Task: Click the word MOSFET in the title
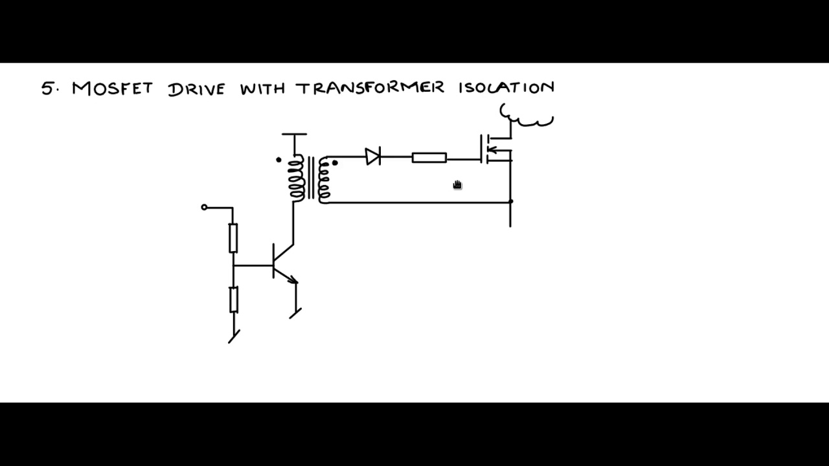click(112, 89)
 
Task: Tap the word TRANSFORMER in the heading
click(370, 88)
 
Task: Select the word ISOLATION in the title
click(506, 87)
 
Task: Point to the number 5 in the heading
click(47, 89)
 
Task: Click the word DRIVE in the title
click(196, 89)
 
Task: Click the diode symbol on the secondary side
click(372, 156)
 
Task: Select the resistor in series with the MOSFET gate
click(429, 158)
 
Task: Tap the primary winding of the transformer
click(297, 178)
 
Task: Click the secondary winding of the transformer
click(324, 180)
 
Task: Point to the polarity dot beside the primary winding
click(278, 160)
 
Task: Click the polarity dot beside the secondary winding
click(335, 162)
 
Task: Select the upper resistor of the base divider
click(233, 238)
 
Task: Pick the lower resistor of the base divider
click(234, 300)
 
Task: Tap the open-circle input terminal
click(204, 208)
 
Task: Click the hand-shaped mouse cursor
click(458, 185)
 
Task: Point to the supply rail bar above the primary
click(294, 134)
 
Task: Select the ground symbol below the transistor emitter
click(295, 313)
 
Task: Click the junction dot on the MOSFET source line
click(511, 201)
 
